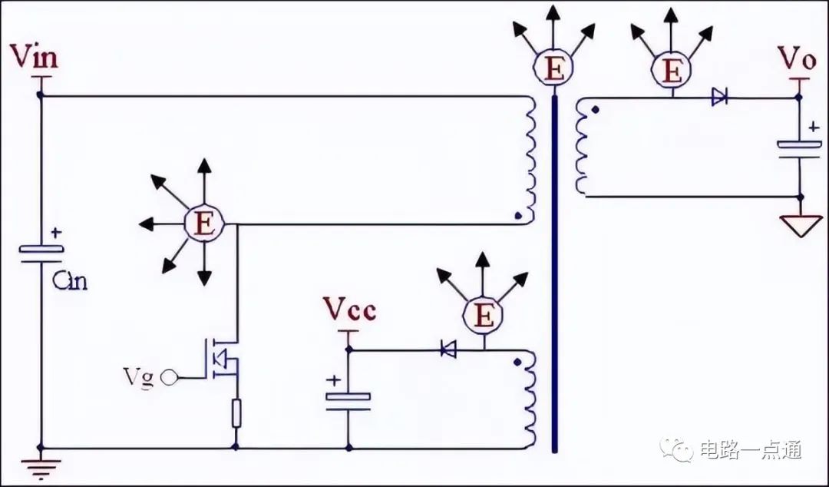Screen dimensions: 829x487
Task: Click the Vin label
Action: point(34,57)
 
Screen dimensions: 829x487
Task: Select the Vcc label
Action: point(349,309)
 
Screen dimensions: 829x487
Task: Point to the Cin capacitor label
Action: point(70,280)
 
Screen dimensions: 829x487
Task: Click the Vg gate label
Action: point(138,378)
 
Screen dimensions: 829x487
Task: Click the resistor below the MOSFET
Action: point(236,413)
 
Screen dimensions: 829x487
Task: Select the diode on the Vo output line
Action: point(719,97)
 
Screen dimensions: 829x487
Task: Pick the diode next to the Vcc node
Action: point(448,349)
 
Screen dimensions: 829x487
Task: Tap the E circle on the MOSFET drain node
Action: point(204,224)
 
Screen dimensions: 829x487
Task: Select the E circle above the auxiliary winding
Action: point(483,316)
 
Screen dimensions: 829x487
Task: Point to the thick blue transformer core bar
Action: point(555,273)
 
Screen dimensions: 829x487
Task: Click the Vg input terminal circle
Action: point(169,377)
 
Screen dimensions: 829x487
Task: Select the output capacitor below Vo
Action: point(799,148)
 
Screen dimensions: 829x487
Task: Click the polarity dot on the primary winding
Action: point(518,215)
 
